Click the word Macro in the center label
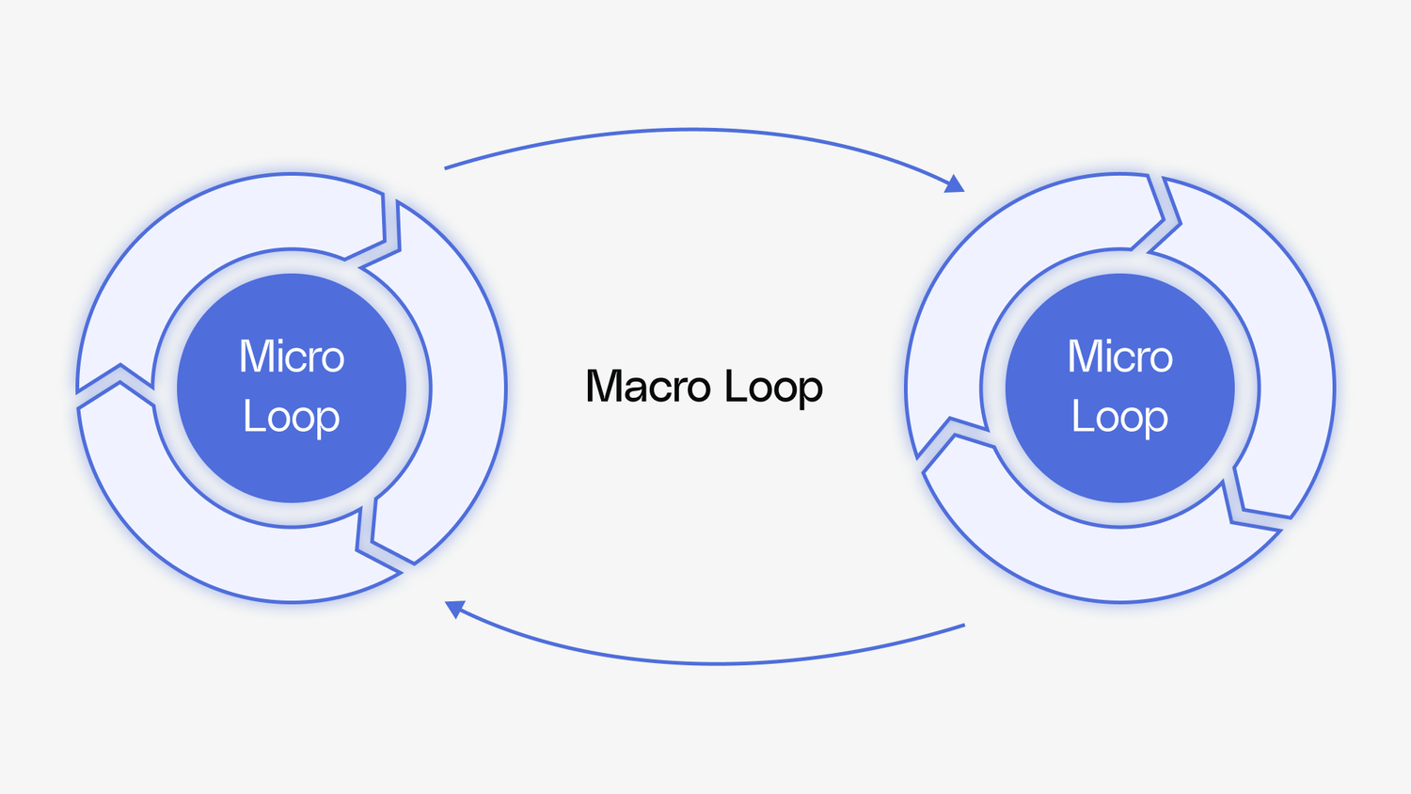tap(648, 387)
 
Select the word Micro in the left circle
tap(292, 357)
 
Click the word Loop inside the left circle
tap(292, 418)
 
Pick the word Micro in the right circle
tap(1119, 357)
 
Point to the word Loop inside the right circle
tap(1119, 418)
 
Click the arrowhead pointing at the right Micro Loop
tap(956, 184)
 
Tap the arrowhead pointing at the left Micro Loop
tap(454, 609)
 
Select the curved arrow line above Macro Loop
tap(696, 131)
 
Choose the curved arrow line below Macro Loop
tap(715, 663)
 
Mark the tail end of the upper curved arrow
tap(446, 168)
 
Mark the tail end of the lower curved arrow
tap(963, 625)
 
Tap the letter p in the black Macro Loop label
tap(811, 391)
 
